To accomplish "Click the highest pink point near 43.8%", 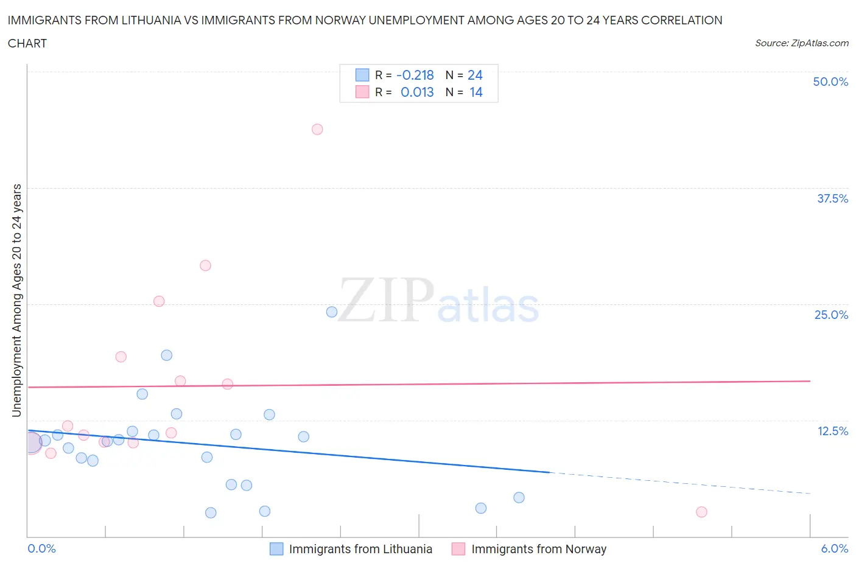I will (x=317, y=129).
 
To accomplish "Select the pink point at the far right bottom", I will (x=701, y=512).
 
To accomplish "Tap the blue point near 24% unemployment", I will (x=332, y=312).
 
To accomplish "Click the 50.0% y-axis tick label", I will (x=830, y=82).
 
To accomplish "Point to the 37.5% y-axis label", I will (x=832, y=198).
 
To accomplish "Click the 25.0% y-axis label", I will (x=831, y=315).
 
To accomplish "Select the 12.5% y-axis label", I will (x=832, y=431).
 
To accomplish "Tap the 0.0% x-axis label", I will (x=41, y=548).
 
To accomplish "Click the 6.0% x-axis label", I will (x=834, y=548).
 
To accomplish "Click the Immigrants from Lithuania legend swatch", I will (x=276, y=549).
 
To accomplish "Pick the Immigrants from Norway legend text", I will (x=539, y=549).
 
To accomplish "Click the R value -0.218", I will (x=415, y=75).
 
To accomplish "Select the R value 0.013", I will (x=417, y=92).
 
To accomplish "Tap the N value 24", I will (x=475, y=75).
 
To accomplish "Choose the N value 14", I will (x=475, y=92).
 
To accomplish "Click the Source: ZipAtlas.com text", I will (x=801, y=43).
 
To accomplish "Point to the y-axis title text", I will (x=16, y=301).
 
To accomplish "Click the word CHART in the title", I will (x=27, y=43).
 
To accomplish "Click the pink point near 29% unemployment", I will (x=206, y=265).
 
